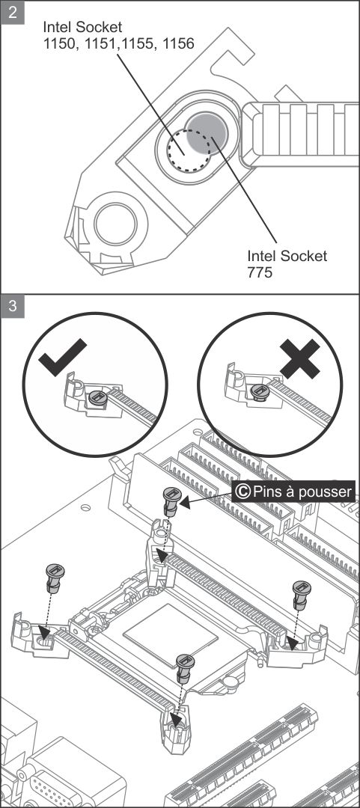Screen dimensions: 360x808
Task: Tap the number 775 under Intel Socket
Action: click(260, 272)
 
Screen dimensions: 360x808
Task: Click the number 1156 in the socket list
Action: click(178, 44)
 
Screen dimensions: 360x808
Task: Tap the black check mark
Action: click(62, 357)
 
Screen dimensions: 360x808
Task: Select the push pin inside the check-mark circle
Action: click(97, 398)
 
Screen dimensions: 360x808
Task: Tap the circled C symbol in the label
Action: click(242, 491)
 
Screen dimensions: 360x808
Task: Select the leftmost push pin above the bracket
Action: click(54, 578)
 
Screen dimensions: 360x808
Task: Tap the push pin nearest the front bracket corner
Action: click(185, 669)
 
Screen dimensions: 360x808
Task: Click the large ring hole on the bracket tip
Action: click(115, 224)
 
